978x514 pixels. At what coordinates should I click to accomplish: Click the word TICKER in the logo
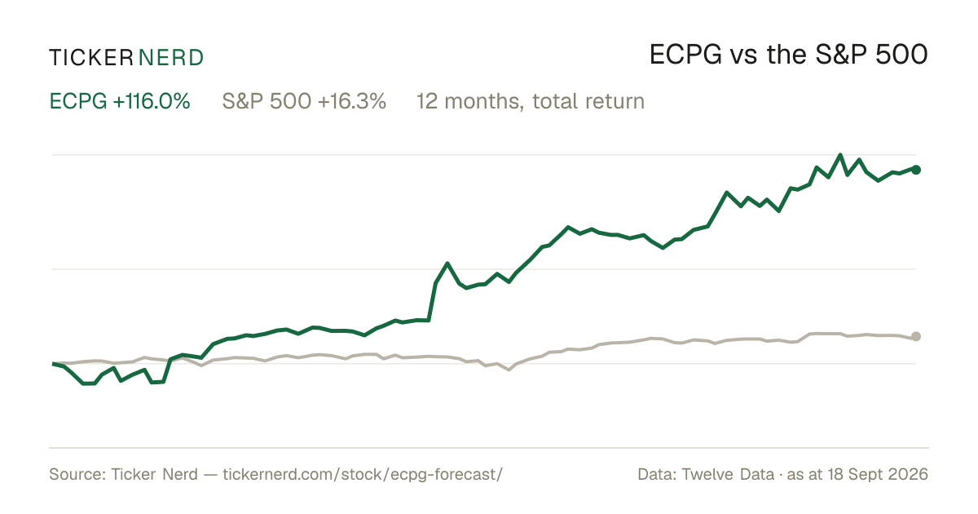tap(90, 58)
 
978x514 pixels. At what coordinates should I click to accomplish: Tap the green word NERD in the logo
tap(170, 58)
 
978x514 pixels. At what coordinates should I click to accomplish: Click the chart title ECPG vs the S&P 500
tap(789, 55)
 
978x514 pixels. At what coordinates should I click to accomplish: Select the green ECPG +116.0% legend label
tap(120, 101)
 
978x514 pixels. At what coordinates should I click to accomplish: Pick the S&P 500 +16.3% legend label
tap(304, 101)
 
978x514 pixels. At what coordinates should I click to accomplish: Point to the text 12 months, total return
tap(531, 101)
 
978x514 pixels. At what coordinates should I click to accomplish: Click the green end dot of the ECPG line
tap(916, 170)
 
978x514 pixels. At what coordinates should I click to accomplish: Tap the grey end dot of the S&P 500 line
tap(916, 336)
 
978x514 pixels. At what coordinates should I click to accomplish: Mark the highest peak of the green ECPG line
tap(840, 155)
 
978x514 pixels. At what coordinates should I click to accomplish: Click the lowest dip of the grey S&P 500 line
tap(509, 370)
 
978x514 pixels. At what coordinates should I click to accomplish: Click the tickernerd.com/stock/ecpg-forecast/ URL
tap(363, 474)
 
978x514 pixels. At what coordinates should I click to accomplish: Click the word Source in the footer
tap(75, 474)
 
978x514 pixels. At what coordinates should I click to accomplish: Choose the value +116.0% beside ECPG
tap(152, 101)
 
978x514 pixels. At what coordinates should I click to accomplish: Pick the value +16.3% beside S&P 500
tap(352, 101)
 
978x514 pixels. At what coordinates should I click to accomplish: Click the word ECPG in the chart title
tap(685, 55)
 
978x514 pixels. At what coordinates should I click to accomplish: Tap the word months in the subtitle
tap(482, 101)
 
